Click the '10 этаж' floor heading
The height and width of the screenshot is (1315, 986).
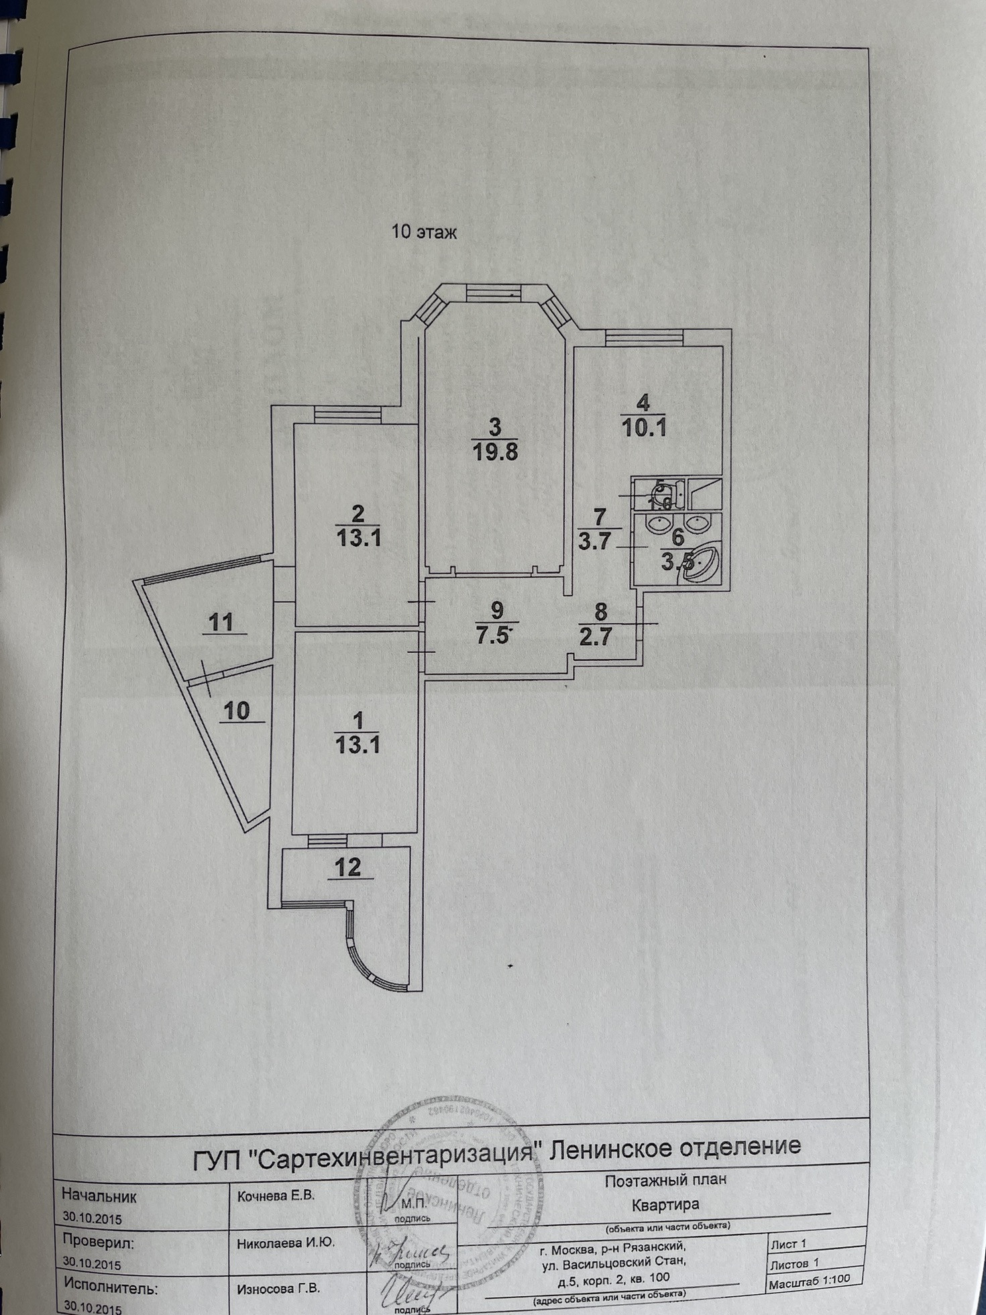[x=424, y=232]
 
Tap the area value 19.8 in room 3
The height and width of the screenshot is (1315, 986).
[x=496, y=451]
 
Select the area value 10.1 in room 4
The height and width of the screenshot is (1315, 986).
[x=644, y=427]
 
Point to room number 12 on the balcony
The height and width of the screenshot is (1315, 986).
[x=347, y=867]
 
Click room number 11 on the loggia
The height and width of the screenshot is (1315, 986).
[x=221, y=621]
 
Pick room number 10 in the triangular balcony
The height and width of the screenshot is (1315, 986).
[x=236, y=710]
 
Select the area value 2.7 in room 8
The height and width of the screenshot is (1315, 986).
[x=596, y=635]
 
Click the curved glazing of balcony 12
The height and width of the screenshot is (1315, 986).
[x=369, y=953]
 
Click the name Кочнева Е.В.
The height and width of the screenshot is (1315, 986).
[x=276, y=1196]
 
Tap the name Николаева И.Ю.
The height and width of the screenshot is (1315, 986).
[x=286, y=1243]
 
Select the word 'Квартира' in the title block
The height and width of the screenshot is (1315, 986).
[x=665, y=1204]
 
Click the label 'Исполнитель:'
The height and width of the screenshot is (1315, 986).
[x=111, y=1288]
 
